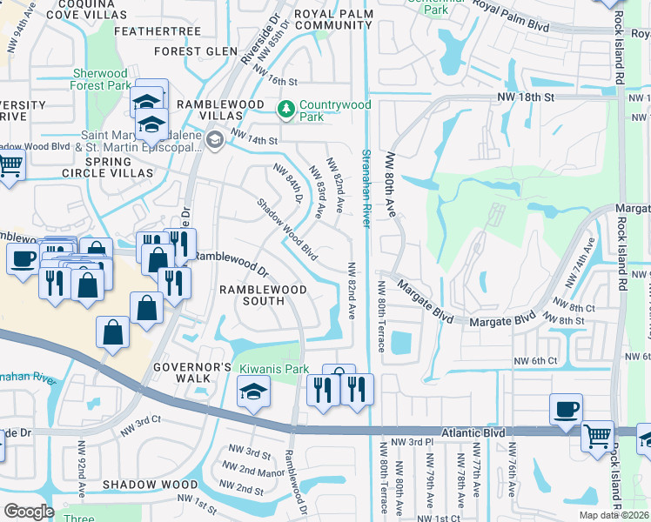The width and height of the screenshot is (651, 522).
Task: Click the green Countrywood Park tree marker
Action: coord(285,110)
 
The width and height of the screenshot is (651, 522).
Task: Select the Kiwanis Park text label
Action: coord(275,370)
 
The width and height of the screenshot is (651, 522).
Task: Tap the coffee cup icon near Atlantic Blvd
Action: coord(566,408)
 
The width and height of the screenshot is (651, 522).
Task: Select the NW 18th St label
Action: coord(526,97)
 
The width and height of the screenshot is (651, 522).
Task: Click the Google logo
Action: coord(29,511)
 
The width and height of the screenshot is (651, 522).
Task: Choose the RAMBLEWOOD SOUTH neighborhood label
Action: coord(263,295)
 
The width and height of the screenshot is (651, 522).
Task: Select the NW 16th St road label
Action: coord(277,81)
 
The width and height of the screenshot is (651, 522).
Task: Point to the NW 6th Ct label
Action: coord(534,362)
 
